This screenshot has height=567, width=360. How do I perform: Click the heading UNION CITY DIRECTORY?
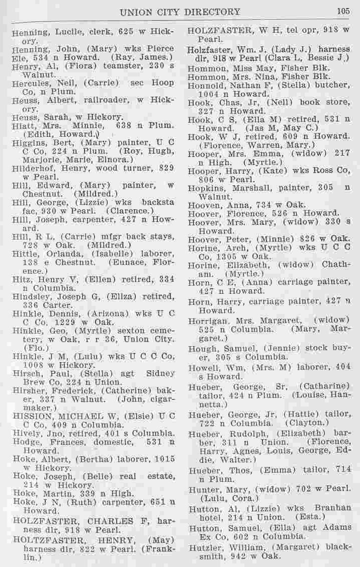pyautogui.click(x=180, y=11)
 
